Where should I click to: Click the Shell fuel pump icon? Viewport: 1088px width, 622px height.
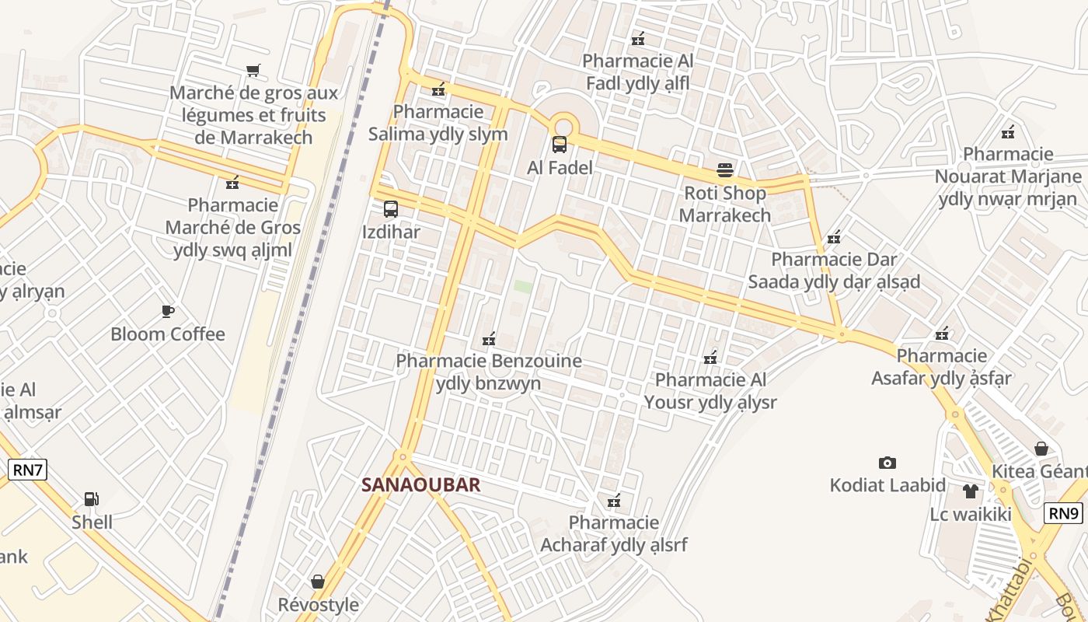tap(91, 498)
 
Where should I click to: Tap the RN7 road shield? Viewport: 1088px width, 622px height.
tap(28, 470)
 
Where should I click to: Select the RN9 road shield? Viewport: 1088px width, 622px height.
tap(1064, 513)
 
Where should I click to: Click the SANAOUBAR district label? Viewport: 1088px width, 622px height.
tap(420, 485)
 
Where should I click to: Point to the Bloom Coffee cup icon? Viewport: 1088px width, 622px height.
tap(167, 311)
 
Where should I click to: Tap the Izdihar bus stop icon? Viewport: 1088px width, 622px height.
tap(390, 208)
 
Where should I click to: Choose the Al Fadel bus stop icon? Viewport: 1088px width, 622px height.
tap(560, 144)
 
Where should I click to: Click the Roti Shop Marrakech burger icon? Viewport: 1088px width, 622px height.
tap(725, 170)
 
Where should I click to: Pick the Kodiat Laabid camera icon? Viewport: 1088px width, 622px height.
tap(887, 463)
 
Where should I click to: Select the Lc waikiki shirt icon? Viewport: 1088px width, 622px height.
tap(971, 491)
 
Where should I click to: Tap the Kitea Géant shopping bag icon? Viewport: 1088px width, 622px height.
tap(1041, 449)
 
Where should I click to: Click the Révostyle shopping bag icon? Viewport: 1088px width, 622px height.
tap(318, 582)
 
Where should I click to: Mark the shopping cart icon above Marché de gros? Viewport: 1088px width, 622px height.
tap(253, 71)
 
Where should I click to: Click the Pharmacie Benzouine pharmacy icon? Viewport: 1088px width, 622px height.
tap(489, 339)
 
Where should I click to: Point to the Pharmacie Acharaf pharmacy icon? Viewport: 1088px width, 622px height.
tap(614, 500)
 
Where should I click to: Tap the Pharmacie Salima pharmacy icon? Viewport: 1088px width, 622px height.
tap(438, 89)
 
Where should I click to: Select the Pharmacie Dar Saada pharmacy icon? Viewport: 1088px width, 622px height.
tap(834, 236)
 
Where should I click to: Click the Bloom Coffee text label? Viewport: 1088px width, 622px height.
tap(168, 334)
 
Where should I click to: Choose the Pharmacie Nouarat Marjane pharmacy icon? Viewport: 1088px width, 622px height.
tap(1008, 131)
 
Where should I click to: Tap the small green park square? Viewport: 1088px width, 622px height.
tap(523, 287)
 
